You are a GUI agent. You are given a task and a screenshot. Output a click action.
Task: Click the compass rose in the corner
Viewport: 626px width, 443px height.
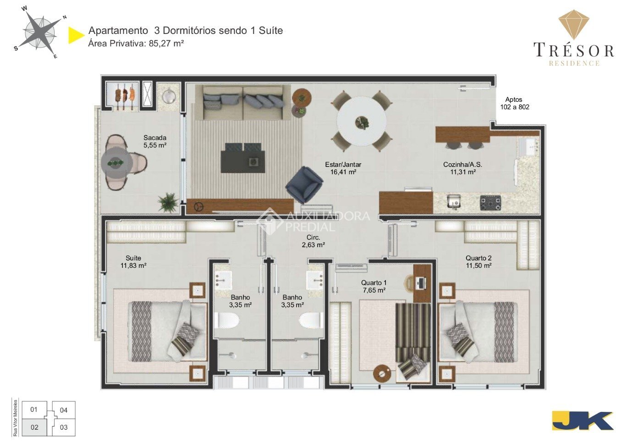[40, 33]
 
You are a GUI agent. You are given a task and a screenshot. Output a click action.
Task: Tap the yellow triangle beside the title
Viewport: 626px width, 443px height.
[76, 35]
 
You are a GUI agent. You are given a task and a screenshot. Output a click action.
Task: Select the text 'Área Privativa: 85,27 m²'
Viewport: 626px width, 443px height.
[136, 44]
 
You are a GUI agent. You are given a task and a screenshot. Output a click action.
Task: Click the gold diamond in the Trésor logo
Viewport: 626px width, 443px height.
[574, 24]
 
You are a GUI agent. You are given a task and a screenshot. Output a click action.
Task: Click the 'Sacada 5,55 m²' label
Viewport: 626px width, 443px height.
[155, 142]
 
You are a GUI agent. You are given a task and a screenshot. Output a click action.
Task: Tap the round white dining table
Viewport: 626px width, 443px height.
[362, 122]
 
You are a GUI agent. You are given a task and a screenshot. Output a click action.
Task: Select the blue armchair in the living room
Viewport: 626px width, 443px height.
[304, 184]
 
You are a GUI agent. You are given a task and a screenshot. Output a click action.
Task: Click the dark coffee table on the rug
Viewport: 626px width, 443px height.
[242, 161]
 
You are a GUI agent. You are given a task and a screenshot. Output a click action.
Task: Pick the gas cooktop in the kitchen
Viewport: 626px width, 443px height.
[490, 203]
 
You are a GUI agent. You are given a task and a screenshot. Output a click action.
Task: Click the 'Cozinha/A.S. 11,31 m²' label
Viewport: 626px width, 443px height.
[462, 168]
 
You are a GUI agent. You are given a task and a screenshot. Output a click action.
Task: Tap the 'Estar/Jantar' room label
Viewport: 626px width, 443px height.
[343, 165]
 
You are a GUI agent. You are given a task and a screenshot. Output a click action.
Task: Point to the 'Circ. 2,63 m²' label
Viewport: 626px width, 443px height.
[313, 241]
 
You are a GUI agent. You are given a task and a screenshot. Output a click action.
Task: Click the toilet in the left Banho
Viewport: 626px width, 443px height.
[227, 320]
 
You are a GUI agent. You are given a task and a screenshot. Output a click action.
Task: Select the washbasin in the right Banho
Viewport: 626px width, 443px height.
[315, 281]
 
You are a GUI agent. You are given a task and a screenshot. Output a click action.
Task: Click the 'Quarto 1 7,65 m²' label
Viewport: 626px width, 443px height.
[374, 287]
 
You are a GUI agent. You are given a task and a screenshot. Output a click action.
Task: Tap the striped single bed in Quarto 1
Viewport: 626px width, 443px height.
[413, 342]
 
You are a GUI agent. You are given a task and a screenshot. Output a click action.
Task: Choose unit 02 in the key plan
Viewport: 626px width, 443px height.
[34, 427]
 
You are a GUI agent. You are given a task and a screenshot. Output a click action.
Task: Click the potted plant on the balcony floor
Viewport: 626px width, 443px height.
[168, 203]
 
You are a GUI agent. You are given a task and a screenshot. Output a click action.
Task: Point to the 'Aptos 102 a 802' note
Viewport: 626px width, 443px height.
[515, 103]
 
